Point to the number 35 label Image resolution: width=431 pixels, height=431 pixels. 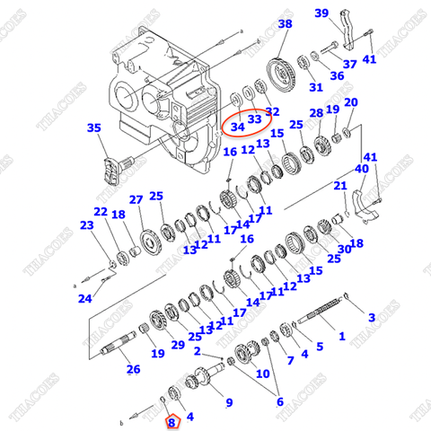pos(94,128)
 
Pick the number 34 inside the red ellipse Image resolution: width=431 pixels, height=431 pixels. pos(237,127)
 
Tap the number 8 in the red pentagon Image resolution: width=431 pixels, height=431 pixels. pos(172,418)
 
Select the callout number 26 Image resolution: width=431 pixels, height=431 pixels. pos(132,369)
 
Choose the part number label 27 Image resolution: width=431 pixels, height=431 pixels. pos(136,199)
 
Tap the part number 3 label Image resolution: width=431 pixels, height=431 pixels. pos(371,317)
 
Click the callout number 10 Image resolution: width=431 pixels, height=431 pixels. pos(263,371)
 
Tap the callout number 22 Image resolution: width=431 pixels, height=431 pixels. pos(100,212)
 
